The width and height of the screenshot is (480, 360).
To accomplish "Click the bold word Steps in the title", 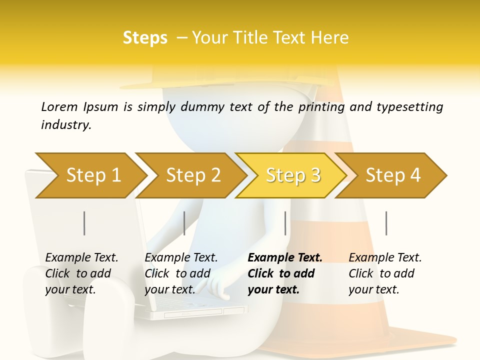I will click(145, 38).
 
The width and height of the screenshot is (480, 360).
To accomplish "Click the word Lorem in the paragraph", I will click(59, 106).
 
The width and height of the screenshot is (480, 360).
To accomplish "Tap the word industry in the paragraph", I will click(66, 125).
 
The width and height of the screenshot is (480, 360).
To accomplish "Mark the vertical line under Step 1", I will click(84, 223).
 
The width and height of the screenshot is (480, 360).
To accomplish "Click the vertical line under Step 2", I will click(184, 223).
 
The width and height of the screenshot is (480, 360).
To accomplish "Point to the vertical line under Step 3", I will click(285, 223).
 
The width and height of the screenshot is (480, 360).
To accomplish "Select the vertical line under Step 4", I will click(386, 223).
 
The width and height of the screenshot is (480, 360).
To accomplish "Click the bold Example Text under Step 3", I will click(285, 258).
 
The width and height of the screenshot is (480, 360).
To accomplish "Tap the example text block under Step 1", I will click(81, 273).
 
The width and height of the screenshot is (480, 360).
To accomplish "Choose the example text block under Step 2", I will click(180, 273).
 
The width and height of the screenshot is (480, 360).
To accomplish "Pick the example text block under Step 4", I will click(384, 273).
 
